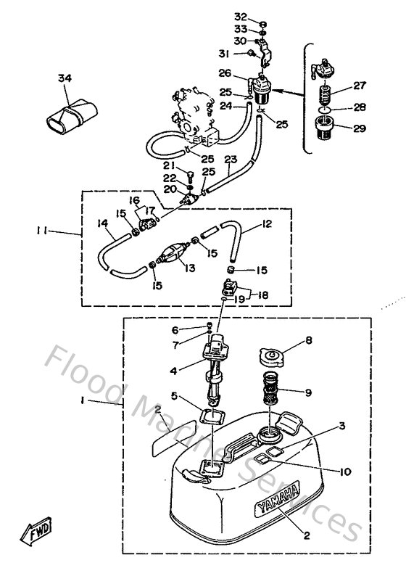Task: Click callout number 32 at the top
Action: click(241, 16)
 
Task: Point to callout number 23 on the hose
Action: click(231, 160)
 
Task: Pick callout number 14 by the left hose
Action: click(103, 224)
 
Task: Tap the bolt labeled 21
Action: click(189, 176)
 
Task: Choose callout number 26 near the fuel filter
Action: click(225, 73)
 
